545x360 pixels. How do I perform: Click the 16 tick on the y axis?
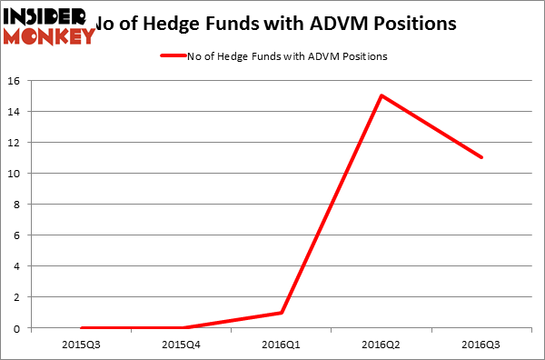16,81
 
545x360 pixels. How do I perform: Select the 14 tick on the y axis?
16,112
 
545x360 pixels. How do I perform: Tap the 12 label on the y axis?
16,143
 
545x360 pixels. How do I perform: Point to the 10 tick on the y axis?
16,174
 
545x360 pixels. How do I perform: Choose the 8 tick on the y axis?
19,205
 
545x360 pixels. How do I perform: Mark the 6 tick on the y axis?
19,235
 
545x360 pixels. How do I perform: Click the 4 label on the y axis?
19,266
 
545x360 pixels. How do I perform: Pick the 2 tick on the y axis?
19,297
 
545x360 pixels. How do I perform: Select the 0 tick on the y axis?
19,328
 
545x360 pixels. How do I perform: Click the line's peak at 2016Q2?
381,95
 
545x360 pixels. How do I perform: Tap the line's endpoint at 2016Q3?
482,157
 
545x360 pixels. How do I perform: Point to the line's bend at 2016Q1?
282,313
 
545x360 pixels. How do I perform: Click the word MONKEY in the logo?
50,36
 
